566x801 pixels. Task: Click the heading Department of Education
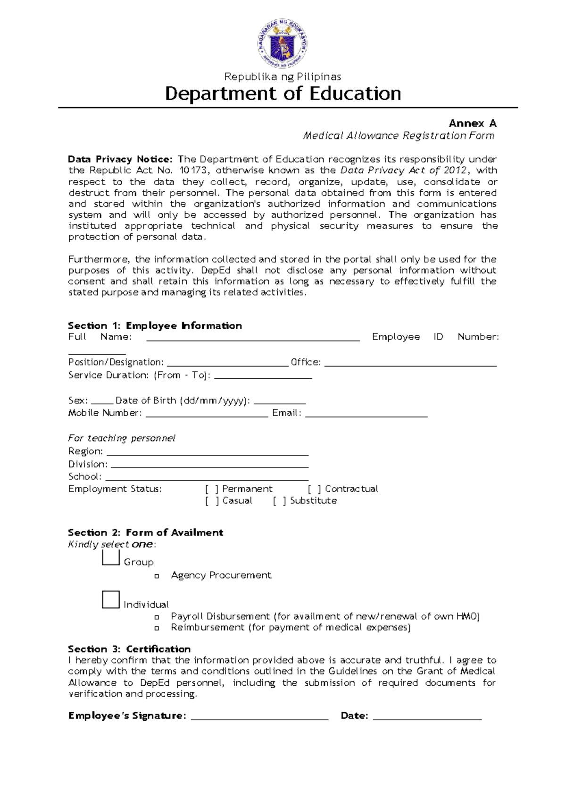pyautogui.click(x=283, y=94)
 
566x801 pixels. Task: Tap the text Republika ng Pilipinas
pyautogui.click(x=283, y=77)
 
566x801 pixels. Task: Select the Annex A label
pyautogui.click(x=472, y=123)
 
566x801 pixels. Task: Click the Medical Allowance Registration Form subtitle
pyautogui.click(x=399, y=136)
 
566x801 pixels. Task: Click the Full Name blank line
pyautogui.click(x=253, y=338)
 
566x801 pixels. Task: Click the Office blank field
pyautogui.click(x=410, y=364)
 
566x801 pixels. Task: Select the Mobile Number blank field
pyautogui.click(x=207, y=415)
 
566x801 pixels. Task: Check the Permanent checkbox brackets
pyautogui.click(x=212, y=489)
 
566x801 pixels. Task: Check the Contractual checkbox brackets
pyautogui.click(x=314, y=489)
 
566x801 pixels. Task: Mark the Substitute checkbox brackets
pyautogui.click(x=279, y=501)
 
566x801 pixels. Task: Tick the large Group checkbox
pyautogui.click(x=110, y=558)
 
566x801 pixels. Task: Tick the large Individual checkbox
pyautogui.click(x=110, y=600)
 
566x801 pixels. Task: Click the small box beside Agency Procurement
pyautogui.click(x=157, y=576)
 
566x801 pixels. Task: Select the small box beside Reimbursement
pyautogui.click(x=157, y=629)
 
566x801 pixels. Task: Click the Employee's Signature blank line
pyautogui.click(x=259, y=717)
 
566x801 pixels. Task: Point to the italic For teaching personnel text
pyautogui.click(x=122, y=438)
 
